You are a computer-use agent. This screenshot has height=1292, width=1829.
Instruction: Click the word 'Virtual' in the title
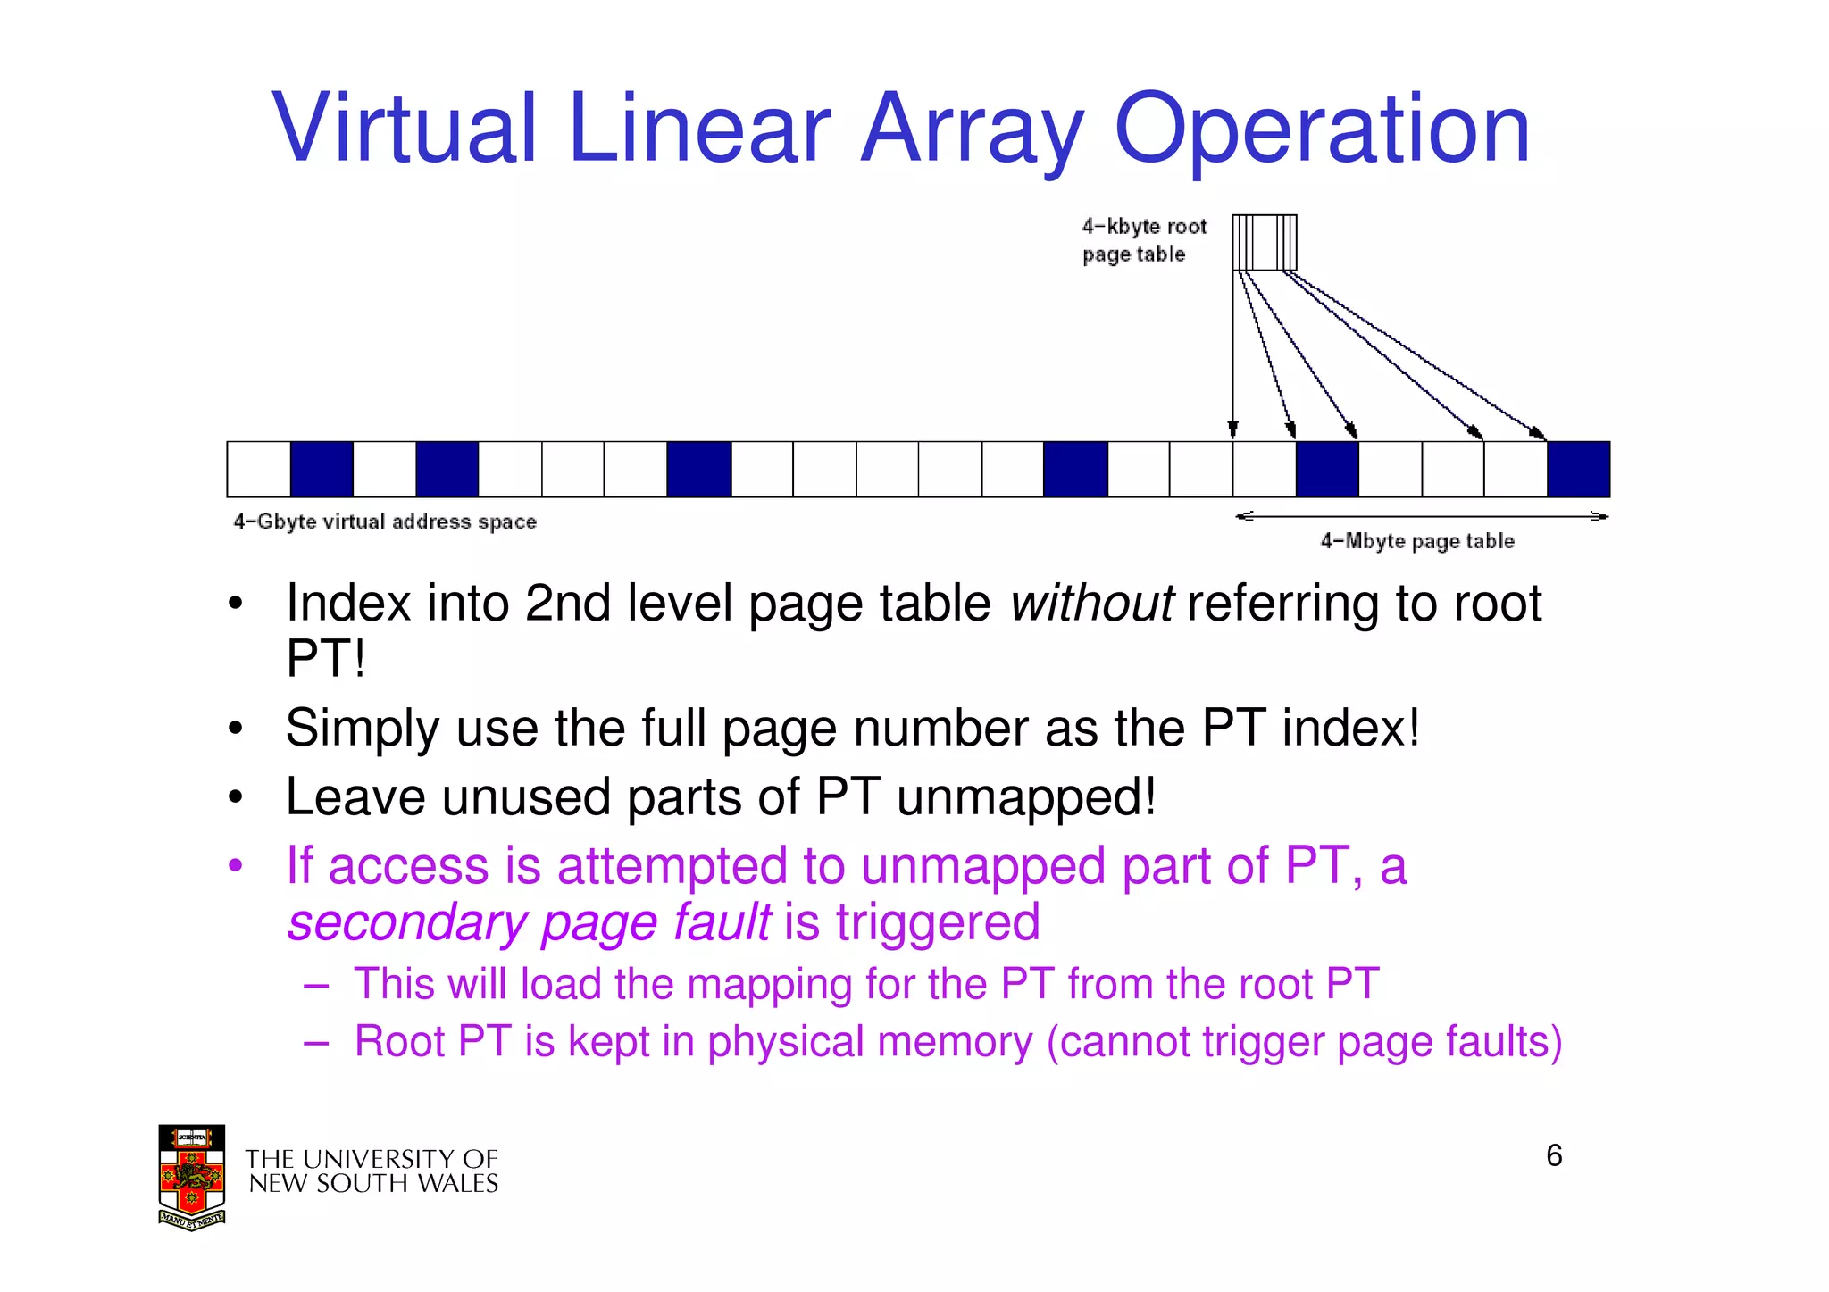click(405, 129)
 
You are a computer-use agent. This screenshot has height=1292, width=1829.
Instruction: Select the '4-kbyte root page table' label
click(1143, 240)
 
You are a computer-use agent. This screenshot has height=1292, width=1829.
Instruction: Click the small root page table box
click(1264, 242)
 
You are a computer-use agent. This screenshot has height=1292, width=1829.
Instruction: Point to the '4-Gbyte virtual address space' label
click(385, 521)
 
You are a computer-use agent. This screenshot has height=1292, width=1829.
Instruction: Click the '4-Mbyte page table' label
click(1417, 541)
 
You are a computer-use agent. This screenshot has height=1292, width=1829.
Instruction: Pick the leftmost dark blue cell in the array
click(322, 469)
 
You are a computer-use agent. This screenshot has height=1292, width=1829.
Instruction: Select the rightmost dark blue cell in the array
click(1578, 469)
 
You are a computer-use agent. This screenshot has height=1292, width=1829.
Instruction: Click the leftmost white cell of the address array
click(259, 469)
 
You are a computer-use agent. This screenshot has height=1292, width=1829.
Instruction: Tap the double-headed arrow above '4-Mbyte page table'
click(1421, 516)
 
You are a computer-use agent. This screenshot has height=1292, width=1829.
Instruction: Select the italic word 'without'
click(1091, 604)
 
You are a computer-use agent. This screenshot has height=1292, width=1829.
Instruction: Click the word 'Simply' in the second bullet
click(362, 729)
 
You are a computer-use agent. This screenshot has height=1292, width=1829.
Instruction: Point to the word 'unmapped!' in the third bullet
click(1026, 796)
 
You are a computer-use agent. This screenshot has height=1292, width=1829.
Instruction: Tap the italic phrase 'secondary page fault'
click(529, 922)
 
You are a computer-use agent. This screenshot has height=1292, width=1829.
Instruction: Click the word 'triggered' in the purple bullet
click(938, 922)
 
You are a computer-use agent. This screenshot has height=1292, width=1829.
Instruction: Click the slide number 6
click(1554, 1156)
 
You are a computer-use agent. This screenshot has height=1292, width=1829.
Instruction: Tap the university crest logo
click(191, 1177)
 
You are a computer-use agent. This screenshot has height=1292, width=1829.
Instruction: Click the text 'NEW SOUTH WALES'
click(373, 1184)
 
